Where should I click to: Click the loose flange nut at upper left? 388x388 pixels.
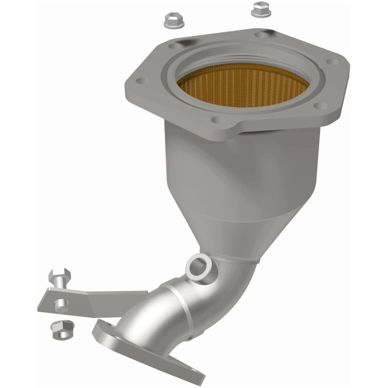[x=172, y=19]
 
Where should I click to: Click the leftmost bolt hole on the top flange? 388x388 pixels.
[x=142, y=82]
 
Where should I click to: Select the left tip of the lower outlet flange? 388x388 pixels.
[x=97, y=330]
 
